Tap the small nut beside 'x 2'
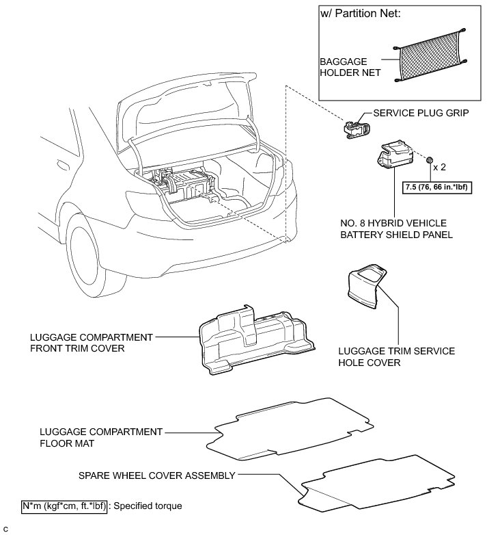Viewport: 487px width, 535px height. tap(430, 160)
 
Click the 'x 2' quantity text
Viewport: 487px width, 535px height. tap(443, 166)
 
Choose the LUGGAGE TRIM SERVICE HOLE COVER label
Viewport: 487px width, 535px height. tap(396, 356)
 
